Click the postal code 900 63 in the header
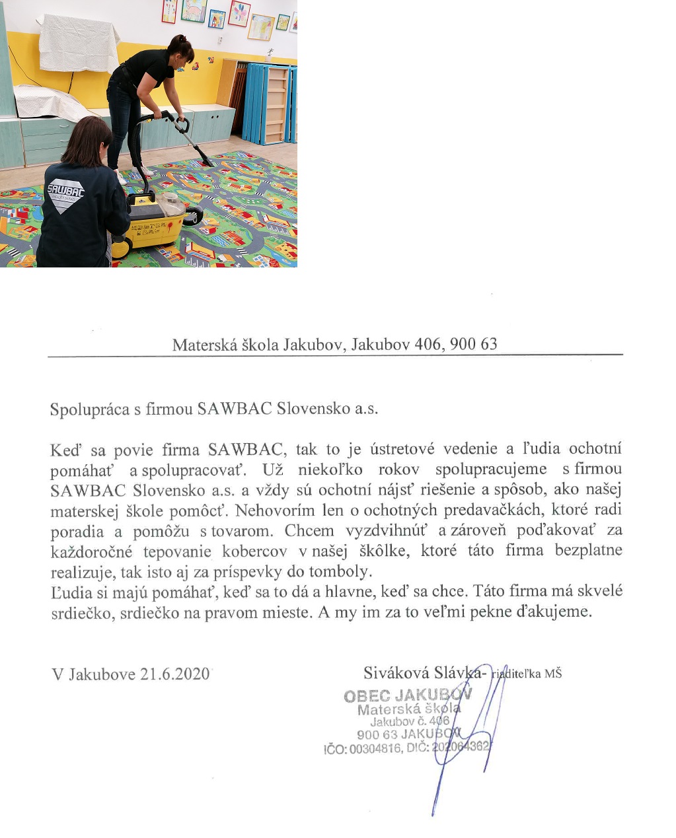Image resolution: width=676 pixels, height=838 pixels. pyautogui.click(x=473, y=344)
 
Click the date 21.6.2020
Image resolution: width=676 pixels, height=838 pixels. pyautogui.click(x=174, y=674)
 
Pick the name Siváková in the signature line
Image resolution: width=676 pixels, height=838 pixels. pyautogui.click(x=396, y=672)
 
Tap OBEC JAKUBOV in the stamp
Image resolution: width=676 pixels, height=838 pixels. pyautogui.click(x=408, y=695)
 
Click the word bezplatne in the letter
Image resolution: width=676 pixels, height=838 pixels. pyautogui.click(x=588, y=550)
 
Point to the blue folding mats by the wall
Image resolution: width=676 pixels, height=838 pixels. pyautogui.click(x=270, y=102)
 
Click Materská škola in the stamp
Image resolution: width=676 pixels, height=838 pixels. pyautogui.click(x=409, y=709)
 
